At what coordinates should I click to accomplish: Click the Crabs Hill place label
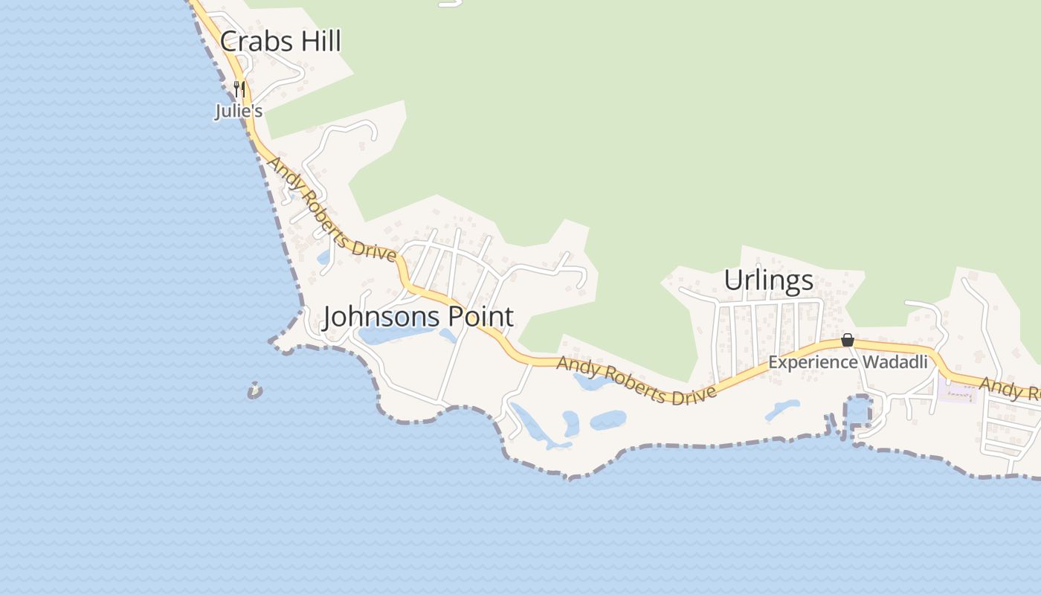click(280, 42)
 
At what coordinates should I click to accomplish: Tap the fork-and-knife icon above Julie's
click(239, 90)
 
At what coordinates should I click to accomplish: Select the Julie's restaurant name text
click(239, 112)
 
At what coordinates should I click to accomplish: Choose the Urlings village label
click(768, 280)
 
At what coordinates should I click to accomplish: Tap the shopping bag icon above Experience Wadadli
click(847, 341)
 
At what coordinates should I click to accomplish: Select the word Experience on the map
click(813, 362)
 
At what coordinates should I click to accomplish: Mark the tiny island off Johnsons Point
click(255, 390)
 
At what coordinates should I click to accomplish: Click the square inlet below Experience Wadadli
click(858, 410)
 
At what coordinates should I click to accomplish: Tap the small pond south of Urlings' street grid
click(783, 408)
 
